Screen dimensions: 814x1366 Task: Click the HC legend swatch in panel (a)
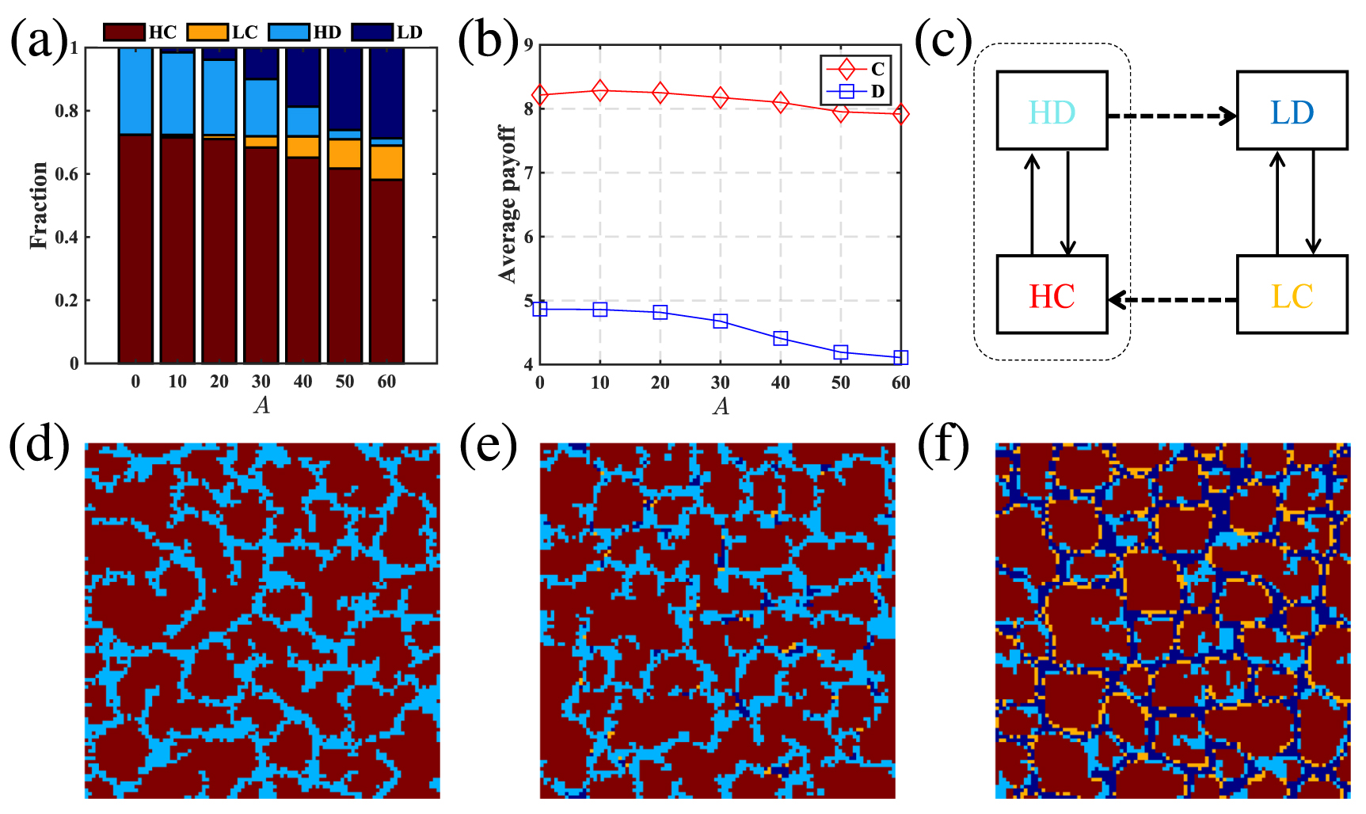(124, 32)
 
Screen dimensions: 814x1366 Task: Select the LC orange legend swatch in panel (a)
(207, 32)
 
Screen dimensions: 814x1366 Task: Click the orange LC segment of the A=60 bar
(386, 162)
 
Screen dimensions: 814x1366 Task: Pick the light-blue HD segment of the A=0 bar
(135, 90)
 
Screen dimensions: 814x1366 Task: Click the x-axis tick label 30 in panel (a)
(261, 382)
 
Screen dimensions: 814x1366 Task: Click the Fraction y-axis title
(39, 205)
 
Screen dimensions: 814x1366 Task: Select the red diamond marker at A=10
(599, 90)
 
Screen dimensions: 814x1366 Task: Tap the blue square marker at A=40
(780, 339)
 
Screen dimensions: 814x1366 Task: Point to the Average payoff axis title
(507, 203)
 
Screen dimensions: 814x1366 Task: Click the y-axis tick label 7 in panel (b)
(528, 173)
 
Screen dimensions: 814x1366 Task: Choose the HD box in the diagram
(1051, 111)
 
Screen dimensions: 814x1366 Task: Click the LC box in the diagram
(1292, 295)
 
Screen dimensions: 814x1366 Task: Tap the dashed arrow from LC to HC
(1172, 300)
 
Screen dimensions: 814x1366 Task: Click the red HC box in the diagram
(1051, 295)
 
